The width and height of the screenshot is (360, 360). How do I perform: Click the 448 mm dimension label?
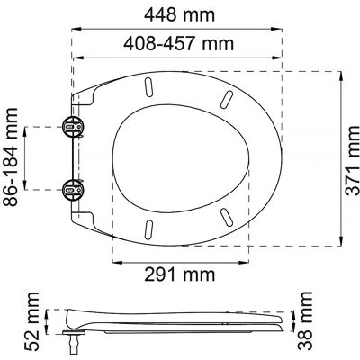click(x=179, y=15)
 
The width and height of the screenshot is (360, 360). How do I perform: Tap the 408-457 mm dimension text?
click(x=179, y=44)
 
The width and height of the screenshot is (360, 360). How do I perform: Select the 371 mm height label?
click(x=352, y=160)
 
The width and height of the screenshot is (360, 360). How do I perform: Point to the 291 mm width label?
click(x=180, y=274)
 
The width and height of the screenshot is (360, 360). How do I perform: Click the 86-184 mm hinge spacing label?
click(x=11, y=157)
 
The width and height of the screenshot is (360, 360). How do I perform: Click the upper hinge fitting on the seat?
click(x=73, y=127)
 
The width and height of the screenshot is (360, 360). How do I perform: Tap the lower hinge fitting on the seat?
click(x=73, y=190)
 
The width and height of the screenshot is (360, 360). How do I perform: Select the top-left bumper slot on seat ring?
click(x=148, y=87)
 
